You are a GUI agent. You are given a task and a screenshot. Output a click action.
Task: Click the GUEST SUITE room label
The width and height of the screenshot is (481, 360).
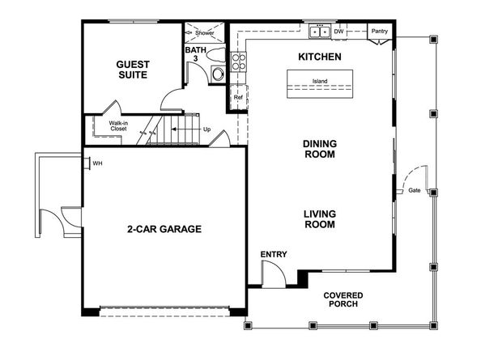[133, 70]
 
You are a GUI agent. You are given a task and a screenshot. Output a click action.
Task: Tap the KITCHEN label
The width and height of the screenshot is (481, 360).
[320, 57]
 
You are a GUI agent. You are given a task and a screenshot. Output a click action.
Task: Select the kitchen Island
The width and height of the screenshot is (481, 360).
[320, 84]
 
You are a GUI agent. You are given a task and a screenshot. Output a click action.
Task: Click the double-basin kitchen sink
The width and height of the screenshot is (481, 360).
[320, 32]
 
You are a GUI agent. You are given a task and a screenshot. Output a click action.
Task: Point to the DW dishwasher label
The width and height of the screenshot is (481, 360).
[338, 32]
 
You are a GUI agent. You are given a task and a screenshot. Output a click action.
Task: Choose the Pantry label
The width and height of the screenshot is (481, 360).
[380, 31]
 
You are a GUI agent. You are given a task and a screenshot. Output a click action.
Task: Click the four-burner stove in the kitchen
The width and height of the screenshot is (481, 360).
[239, 61]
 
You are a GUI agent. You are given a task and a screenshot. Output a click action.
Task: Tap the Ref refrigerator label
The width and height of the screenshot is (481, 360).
[238, 97]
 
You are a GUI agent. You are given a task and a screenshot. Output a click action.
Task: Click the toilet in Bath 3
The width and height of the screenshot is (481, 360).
[215, 55]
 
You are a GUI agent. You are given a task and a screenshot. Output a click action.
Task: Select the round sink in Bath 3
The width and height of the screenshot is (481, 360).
[218, 74]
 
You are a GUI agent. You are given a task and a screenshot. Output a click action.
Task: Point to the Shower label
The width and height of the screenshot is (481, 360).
[205, 32]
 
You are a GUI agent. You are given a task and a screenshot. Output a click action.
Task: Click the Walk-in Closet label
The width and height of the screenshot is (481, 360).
[118, 126]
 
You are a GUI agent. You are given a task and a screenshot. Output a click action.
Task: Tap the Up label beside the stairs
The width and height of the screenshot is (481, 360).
[206, 129]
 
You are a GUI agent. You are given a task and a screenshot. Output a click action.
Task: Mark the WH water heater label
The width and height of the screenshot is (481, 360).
[97, 163]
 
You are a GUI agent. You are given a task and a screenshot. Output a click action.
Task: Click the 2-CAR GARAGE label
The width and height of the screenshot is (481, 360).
[164, 229]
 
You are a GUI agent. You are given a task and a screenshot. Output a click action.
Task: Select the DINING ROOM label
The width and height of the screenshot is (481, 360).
[320, 149]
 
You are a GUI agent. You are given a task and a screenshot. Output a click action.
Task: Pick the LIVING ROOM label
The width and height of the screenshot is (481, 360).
[320, 219]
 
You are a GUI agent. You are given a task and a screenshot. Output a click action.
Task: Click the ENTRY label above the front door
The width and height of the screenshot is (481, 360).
[274, 254]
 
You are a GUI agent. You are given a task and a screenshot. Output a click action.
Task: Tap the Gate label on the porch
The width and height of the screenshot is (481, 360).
[414, 190]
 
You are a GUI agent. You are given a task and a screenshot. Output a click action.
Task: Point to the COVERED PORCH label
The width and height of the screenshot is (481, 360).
[343, 299]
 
